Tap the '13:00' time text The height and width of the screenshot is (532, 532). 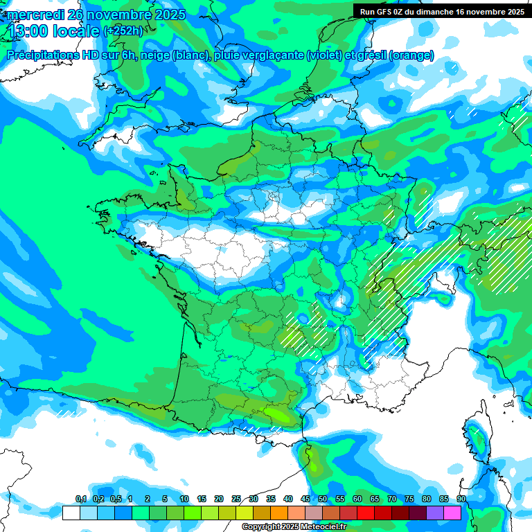28,30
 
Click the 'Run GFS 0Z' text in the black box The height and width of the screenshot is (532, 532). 384,11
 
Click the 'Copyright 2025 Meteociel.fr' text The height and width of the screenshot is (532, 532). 294,527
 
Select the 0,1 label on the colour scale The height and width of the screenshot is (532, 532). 80,499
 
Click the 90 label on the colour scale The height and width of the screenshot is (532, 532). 461,499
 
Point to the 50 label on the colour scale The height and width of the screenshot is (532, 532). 323,499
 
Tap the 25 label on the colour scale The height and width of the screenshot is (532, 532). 236,499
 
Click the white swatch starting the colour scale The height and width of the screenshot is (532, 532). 71,513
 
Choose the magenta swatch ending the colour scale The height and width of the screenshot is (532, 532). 452,513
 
